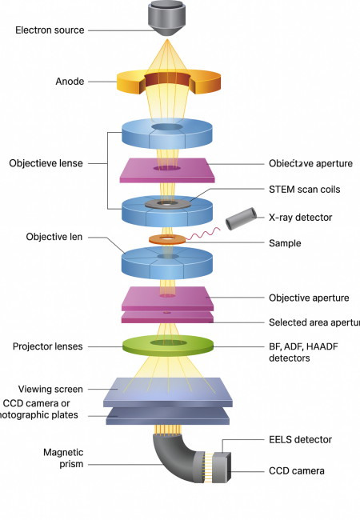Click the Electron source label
point(50,31)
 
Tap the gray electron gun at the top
point(167,18)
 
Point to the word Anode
point(70,81)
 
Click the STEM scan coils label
point(304,190)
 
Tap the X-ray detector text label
point(301,217)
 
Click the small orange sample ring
point(166,239)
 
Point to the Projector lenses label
point(49,346)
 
